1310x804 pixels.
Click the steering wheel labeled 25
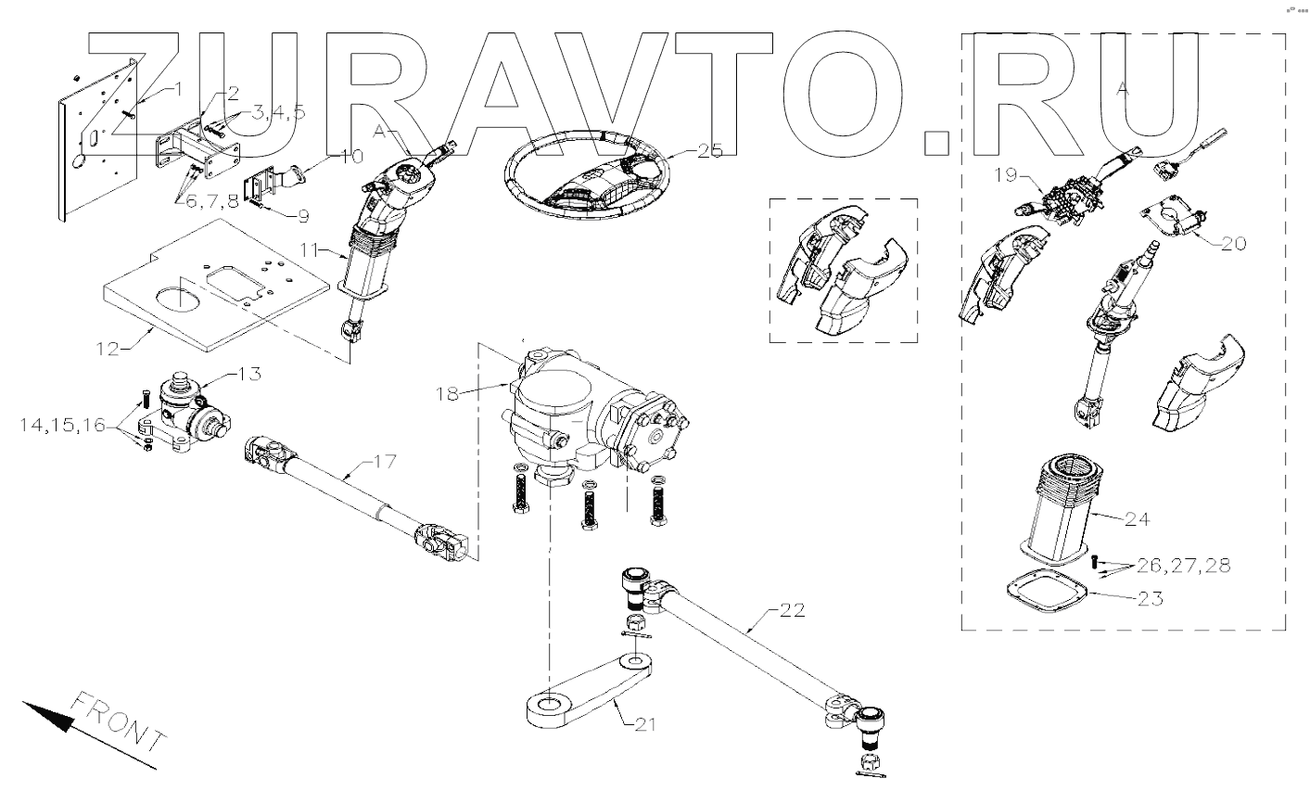[585, 177]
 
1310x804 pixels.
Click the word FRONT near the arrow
[117, 721]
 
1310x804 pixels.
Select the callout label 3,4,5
[278, 113]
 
